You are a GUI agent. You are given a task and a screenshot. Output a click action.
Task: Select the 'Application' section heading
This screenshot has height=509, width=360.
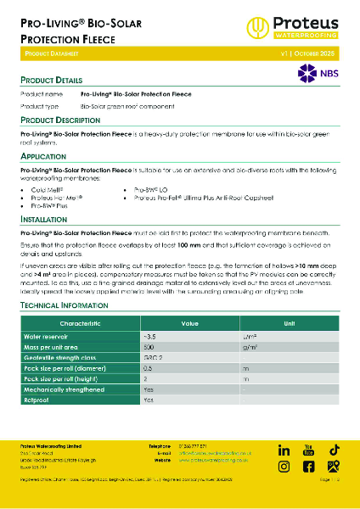coord(43,157)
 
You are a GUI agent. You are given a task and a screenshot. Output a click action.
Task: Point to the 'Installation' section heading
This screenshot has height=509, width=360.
coord(45,218)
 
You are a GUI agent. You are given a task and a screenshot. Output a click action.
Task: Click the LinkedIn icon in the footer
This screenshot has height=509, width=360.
coord(284,449)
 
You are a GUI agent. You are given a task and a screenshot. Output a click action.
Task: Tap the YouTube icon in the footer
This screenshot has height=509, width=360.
coord(308,448)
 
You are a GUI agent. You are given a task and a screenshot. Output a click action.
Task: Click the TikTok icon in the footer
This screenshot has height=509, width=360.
coord(334,449)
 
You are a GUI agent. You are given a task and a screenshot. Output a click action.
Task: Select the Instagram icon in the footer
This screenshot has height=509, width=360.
coord(284,466)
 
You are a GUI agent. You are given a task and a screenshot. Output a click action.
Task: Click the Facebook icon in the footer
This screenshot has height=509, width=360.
coord(308,466)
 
